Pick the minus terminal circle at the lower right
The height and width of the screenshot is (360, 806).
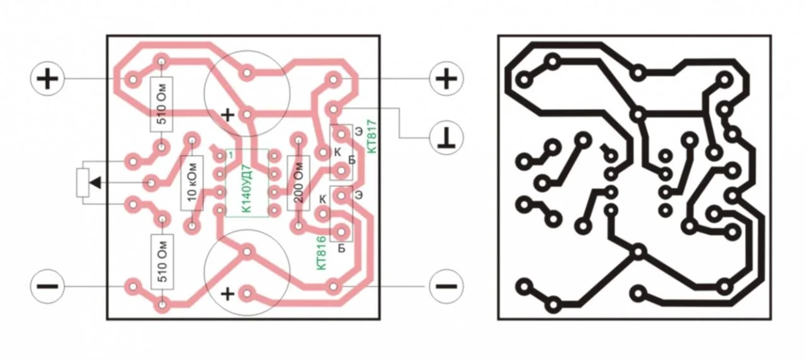pyautogui.click(x=446, y=286)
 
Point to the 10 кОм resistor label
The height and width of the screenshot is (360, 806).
pyautogui.click(x=192, y=182)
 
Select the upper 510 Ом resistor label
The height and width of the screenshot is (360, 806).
pyautogui.click(x=162, y=104)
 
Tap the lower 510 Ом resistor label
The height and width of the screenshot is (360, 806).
pyautogui.click(x=162, y=261)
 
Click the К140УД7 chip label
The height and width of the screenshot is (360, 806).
pyautogui.click(x=247, y=188)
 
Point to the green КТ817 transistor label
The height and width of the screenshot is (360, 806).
pyautogui.click(x=372, y=137)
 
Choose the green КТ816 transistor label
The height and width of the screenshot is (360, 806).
pyautogui.click(x=321, y=253)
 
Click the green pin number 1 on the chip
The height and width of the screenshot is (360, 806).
pyautogui.click(x=230, y=155)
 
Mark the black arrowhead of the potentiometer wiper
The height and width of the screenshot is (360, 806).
pyautogui.click(x=95, y=183)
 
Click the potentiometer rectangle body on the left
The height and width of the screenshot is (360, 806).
pyautogui.click(x=82, y=183)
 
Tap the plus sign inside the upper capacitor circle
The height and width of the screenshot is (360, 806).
pyautogui.click(x=227, y=115)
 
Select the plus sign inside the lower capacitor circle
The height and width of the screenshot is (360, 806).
pyautogui.click(x=227, y=294)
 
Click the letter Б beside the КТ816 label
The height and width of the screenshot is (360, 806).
pyautogui.click(x=341, y=248)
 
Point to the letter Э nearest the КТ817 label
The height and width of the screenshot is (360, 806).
pyautogui.click(x=358, y=132)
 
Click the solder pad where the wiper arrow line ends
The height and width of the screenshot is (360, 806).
pyautogui.click(x=151, y=183)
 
